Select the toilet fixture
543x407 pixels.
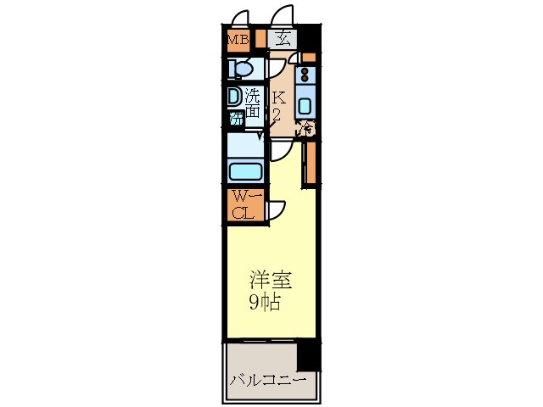pyautogui.click(x=242, y=68)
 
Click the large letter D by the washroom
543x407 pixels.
pyautogui.click(x=233, y=97)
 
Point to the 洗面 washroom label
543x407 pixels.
pyautogui.click(x=253, y=106)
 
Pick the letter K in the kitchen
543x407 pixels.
pyautogui.click(x=277, y=98)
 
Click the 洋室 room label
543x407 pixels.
pyautogui.click(x=264, y=280)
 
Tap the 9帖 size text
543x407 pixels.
pyautogui.click(x=264, y=302)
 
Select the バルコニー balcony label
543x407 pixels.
pyautogui.click(x=266, y=379)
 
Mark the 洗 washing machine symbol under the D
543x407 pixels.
pyautogui.click(x=236, y=118)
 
